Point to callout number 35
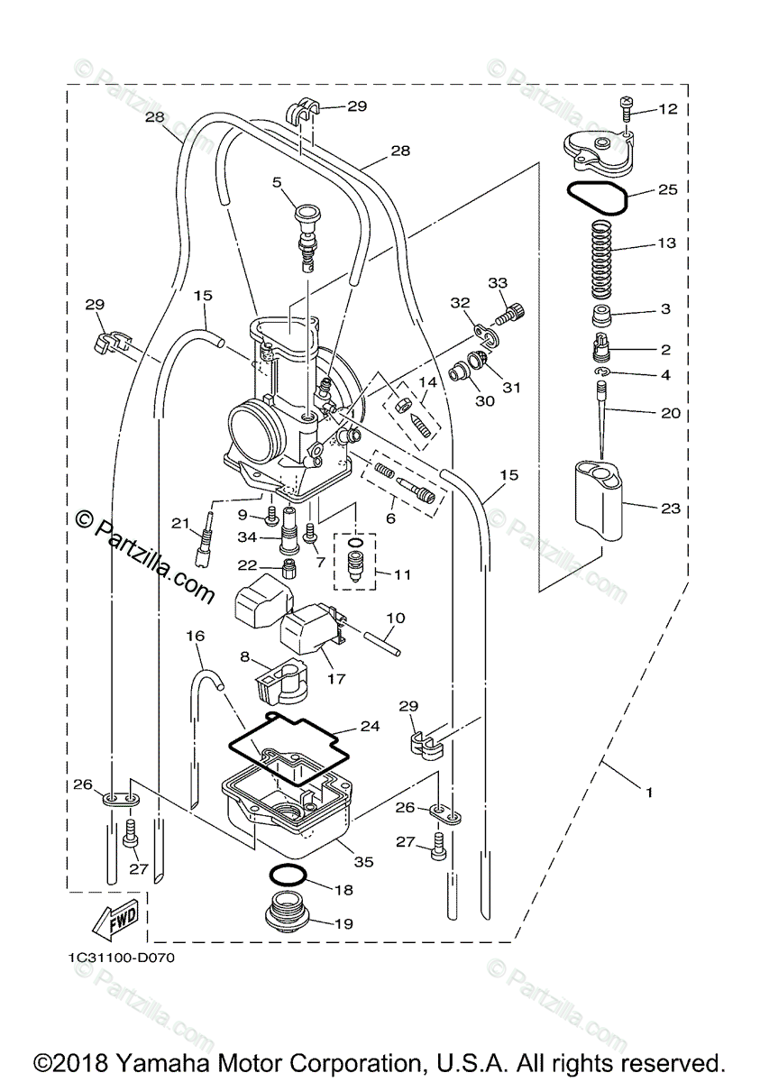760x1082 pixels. coord(363,861)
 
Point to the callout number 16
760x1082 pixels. coord(196,636)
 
